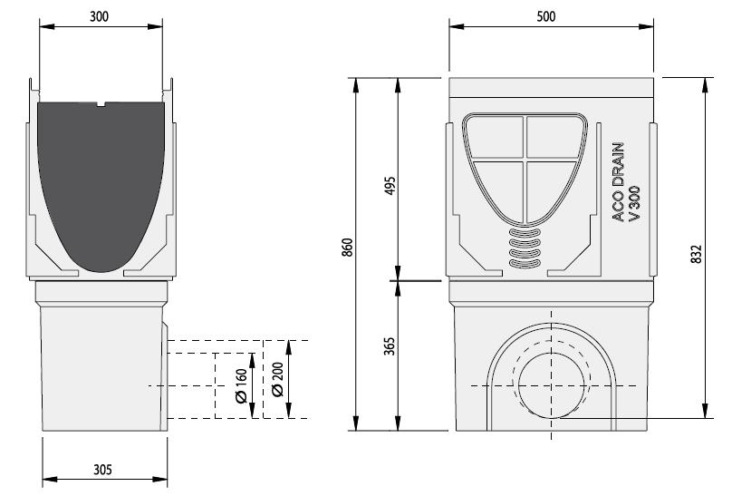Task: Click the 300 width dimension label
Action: click(x=99, y=17)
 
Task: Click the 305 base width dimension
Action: click(x=102, y=470)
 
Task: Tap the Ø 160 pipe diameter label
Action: click(x=241, y=385)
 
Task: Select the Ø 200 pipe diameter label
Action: click(x=277, y=379)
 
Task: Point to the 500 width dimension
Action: click(x=545, y=17)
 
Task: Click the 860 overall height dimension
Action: click(x=347, y=247)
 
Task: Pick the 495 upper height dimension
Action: click(x=390, y=185)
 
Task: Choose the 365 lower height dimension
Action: click(x=390, y=345)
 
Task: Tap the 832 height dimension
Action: click(x=696, y=254)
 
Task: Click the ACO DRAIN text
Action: click(x=618, y=182)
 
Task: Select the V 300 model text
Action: click(x=634, y=204)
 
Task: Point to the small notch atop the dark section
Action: click(x=101, y=104)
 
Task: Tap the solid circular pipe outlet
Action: click(x=552, y=385)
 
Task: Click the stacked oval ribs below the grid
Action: click(x=525, y=248)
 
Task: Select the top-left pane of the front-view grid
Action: click(x=495, y=136)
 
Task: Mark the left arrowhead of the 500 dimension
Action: click(x=457, y=26)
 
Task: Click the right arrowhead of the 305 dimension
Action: click(x=159, y=479)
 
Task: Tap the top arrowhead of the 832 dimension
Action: click(x=706, y=85)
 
